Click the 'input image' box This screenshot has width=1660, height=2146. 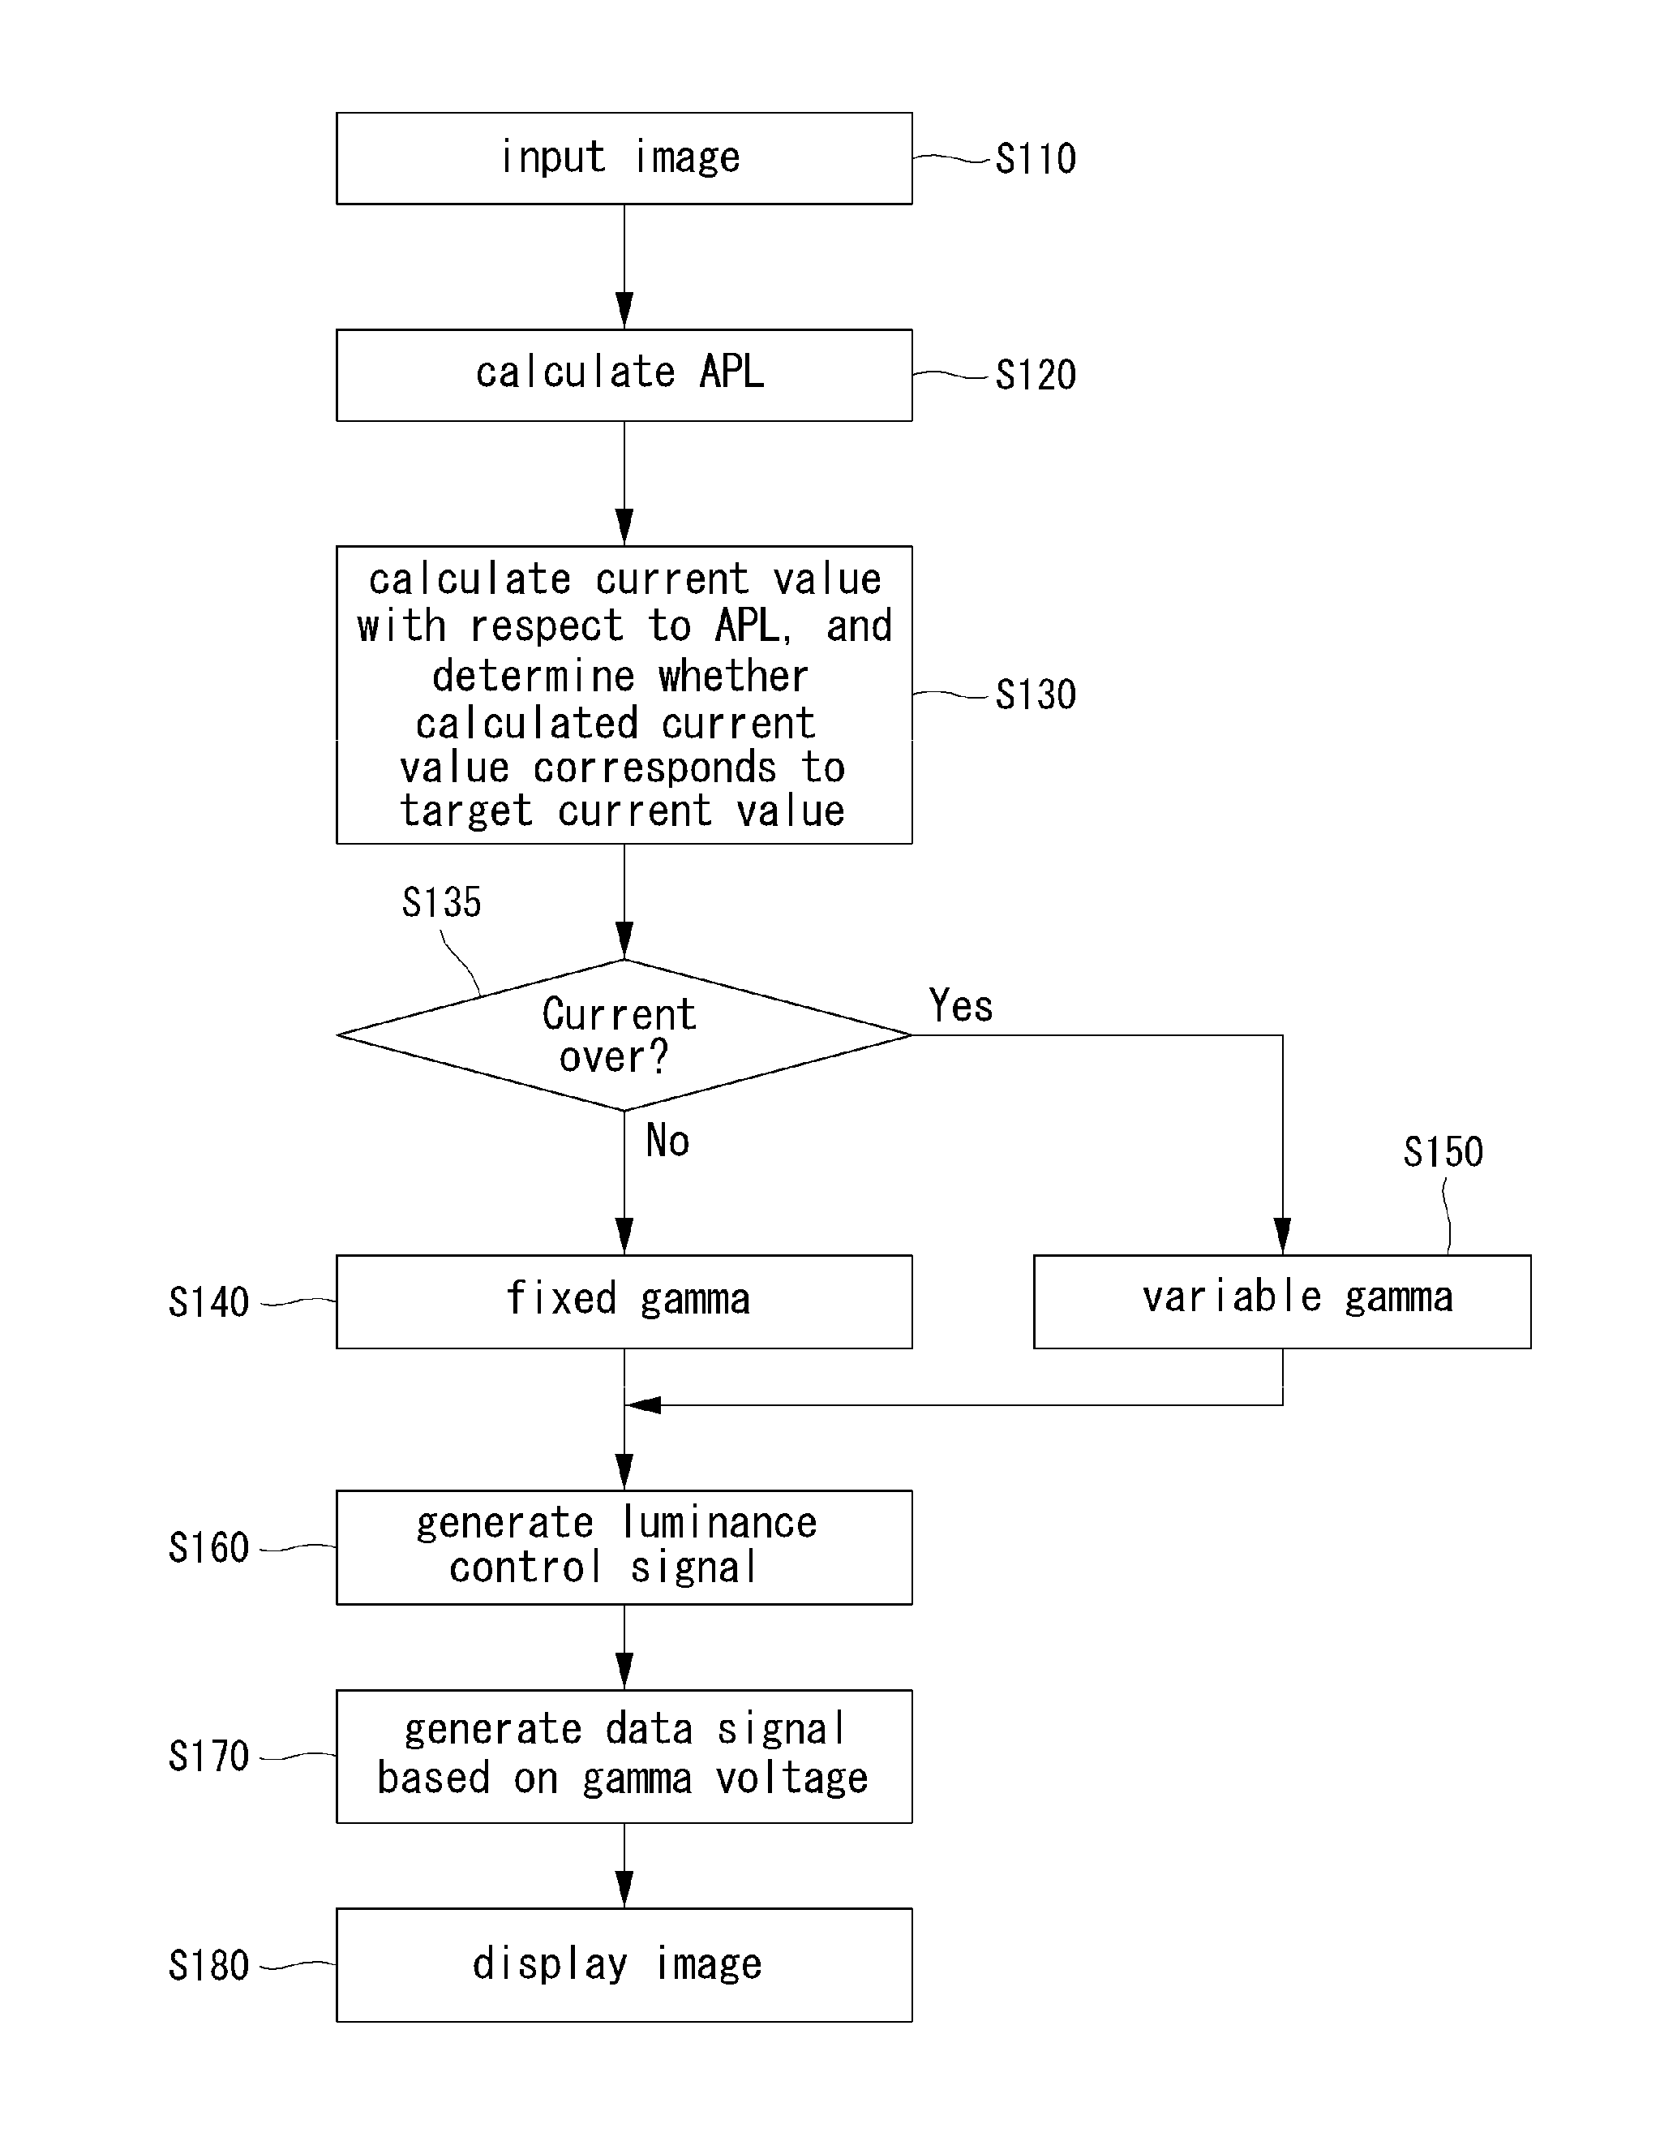pyautogui.click(x=624, y=158)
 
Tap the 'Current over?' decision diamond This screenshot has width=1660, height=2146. pyautogui.click(x=624, y=1034)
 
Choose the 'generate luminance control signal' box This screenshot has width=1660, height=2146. pyautogui.click(x=624, y=1547)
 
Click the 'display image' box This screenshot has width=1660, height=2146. pyautogui.click(x=624, y=1965)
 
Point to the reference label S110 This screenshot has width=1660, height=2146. pyautogui.click(x=1036, y=159)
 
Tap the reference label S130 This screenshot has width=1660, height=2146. pyautogui.click(x=1036, y=695)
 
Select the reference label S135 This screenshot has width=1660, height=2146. pyautogui.click(x=441, y=902)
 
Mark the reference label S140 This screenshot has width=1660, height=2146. pyautogui.click(x=208, y=1303)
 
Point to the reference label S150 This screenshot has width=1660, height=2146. pyautogui.click(x=1443, y=1151)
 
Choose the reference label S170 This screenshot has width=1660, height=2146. pyautogui.click(x=208, y=1757)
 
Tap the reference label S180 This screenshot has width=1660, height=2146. pyautogui.click(x=208, y=1966)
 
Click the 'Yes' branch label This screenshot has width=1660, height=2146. pyautogui.click(x=961, y=1005)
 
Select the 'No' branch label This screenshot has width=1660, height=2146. pyautogui.click(x=667, y=1141)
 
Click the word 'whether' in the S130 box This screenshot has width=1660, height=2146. pyautogui.click(x=733, y=676)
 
